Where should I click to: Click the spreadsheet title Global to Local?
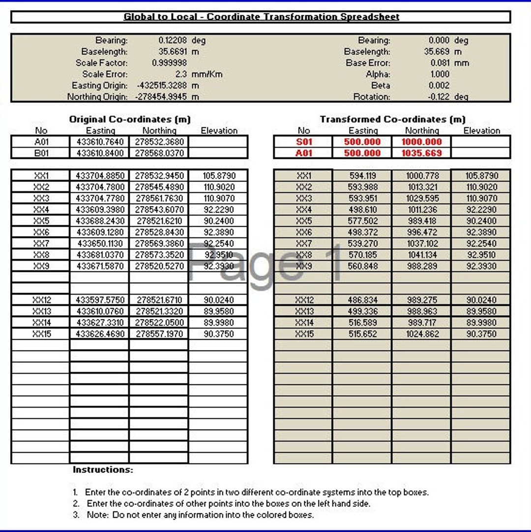point(261,17)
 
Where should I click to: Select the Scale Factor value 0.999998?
point(169,63)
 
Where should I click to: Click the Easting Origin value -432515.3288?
point(163,86)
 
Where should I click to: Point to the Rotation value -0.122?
point(439,97)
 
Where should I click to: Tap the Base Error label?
point(368,63)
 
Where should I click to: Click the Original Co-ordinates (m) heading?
point(130,119)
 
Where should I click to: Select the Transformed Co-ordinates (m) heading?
point(392,119)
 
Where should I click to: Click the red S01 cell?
point(303,142)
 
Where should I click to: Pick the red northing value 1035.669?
point(421,153)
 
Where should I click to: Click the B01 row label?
point(41,153)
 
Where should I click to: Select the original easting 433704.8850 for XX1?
point(100,176)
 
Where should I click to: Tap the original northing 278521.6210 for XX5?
point(159,221)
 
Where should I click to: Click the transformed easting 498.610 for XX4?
point(363,209)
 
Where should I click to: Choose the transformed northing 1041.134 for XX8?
point(421,255)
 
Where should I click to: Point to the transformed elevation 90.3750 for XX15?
point(481,334)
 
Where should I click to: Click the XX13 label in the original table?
point(41,311)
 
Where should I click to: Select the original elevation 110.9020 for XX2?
point(219,187)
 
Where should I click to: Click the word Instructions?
point(103,470)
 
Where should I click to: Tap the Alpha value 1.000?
point(440,74)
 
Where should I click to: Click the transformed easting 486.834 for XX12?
point(363,300)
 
